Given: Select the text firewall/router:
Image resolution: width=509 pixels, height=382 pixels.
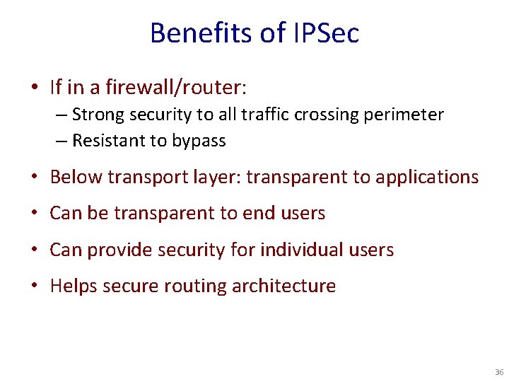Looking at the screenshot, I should click(x=176, y=88).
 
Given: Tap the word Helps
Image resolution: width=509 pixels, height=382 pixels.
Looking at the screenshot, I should click(x=74, y=286).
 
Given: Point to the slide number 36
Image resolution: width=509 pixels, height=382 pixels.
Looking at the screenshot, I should click(x=499, y=372).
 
